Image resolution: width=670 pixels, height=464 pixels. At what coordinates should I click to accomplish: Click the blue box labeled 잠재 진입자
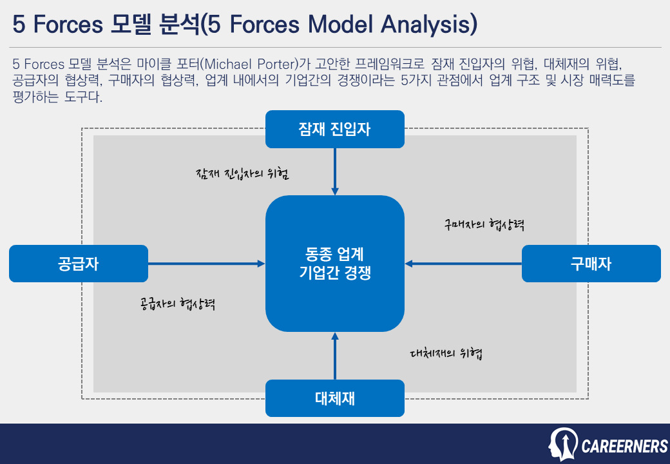pos(334,129)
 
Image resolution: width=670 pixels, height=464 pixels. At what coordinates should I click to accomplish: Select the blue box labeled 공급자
pos(78,264)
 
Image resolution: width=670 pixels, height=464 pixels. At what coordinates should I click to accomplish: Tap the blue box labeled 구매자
pos(591,264)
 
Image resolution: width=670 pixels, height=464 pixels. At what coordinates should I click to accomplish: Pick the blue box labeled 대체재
pos(334,398)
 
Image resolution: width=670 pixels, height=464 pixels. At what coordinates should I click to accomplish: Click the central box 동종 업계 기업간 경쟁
pos(334,264)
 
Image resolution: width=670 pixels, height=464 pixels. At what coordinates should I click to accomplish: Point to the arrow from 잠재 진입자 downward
pos(334,171)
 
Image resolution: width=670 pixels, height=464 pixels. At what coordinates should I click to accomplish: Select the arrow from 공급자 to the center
pos(206,264)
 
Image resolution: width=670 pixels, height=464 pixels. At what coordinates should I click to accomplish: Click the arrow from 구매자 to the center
pos(463,264)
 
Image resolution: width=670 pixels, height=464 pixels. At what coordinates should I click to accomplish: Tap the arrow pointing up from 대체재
pos(334,356)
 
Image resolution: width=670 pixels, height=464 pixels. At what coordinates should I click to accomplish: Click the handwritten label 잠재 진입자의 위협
pos(242,174)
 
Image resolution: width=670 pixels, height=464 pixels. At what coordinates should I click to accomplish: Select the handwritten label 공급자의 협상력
pos(177,304)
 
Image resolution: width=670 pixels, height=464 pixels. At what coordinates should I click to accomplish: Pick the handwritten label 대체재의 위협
pos(446,353)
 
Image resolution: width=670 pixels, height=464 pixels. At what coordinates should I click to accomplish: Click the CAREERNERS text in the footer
pos(624,446)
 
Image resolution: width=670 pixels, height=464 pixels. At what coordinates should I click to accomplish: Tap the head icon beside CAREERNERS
pos(563,444)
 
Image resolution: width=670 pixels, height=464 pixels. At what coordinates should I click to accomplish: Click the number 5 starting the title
pos(19,24)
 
